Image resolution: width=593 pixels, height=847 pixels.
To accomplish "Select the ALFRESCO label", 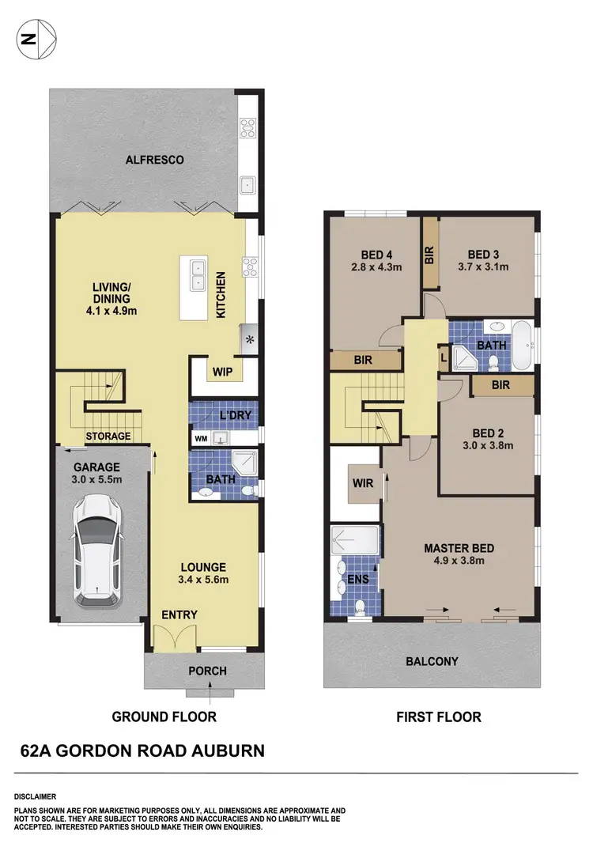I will coord(155,160).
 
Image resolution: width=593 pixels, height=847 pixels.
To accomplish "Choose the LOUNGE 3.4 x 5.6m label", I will coord(203,573).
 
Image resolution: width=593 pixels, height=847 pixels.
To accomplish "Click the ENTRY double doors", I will coord(173,637).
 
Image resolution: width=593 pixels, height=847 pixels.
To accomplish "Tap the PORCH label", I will coord(207,671).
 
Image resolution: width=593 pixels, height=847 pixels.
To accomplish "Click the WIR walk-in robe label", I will coord(362,482).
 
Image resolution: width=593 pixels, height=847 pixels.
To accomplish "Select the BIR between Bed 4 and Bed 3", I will coord(429,253).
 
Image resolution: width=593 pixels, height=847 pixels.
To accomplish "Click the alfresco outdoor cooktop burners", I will coord(247,127).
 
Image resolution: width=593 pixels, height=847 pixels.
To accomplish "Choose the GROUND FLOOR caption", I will coord(164,717).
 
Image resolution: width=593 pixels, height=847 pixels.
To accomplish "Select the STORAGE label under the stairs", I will coord(109,436).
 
